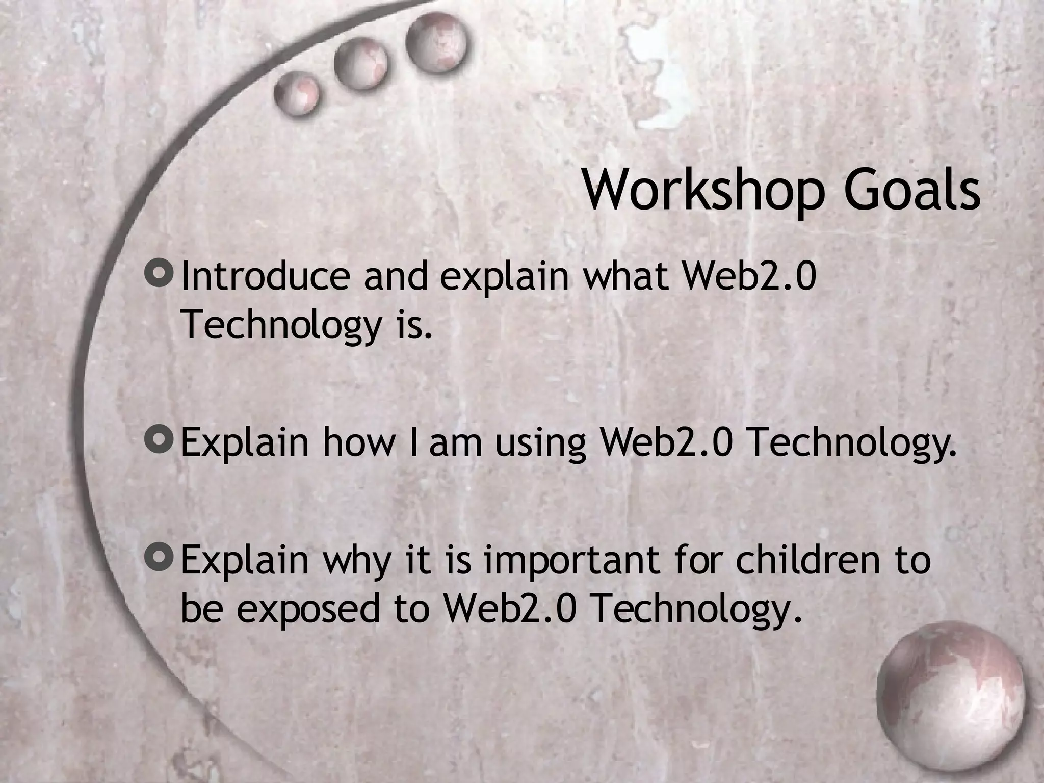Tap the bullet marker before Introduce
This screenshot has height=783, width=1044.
(x=160, y=275)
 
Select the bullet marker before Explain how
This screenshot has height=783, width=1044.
(x=160, y=441)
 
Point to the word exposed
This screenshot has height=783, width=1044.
(x=308, y=610)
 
